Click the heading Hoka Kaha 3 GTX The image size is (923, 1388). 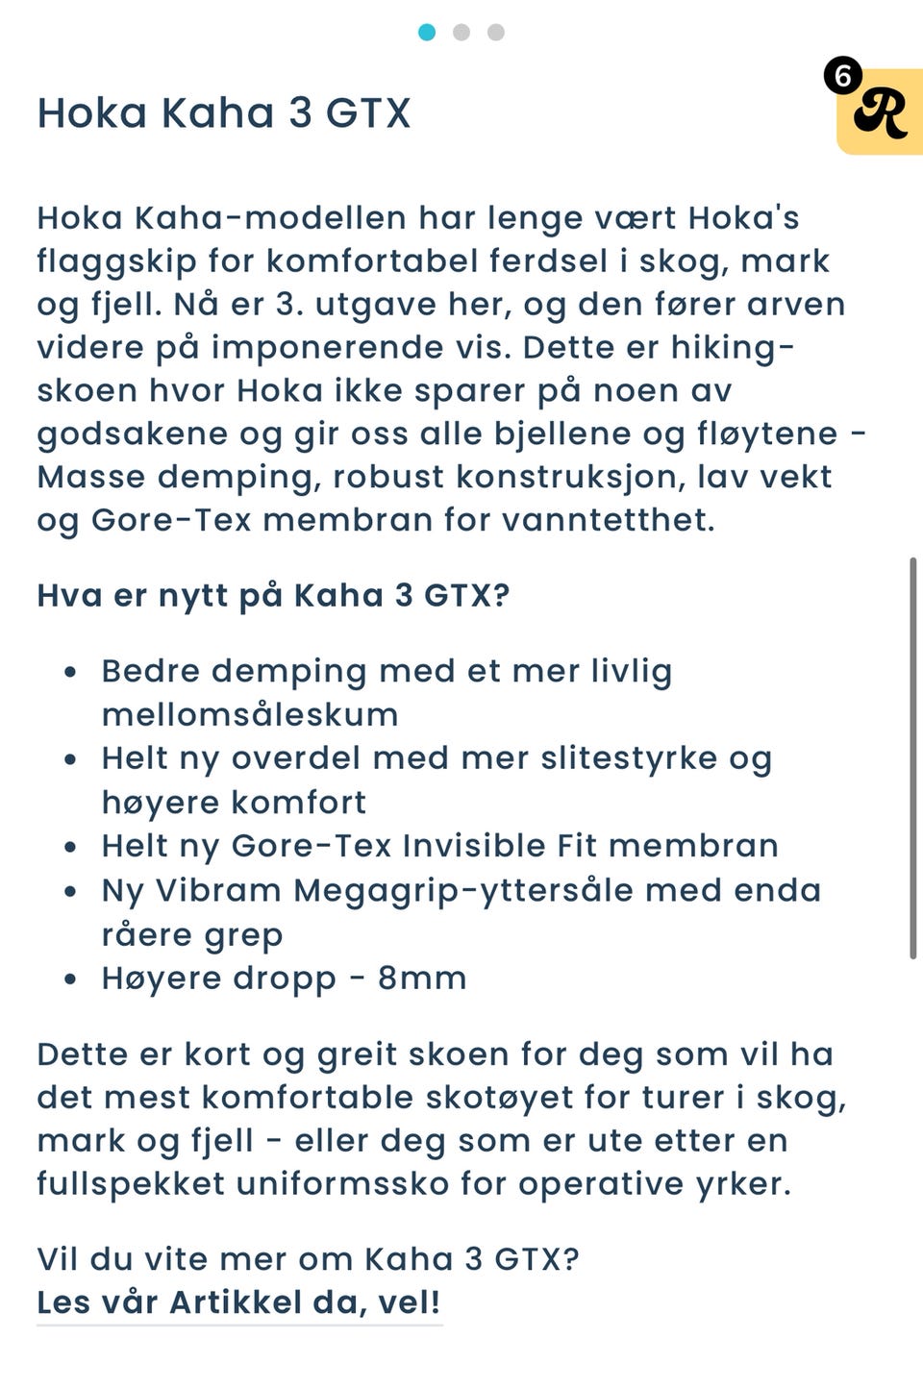click(223, 113)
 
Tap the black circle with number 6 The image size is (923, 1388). click(843, 75)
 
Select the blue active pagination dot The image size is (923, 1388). click(427, 33)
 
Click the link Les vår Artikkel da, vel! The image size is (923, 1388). click(238, 1302)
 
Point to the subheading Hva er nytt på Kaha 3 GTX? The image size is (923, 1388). click(273, 596)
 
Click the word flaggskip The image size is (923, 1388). click(116, 261)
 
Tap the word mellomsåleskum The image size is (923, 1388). click(250, 715)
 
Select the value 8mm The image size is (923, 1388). click(422, 979)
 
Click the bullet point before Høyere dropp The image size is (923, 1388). click(70, 979)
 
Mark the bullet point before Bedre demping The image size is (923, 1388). click(70, 672)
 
